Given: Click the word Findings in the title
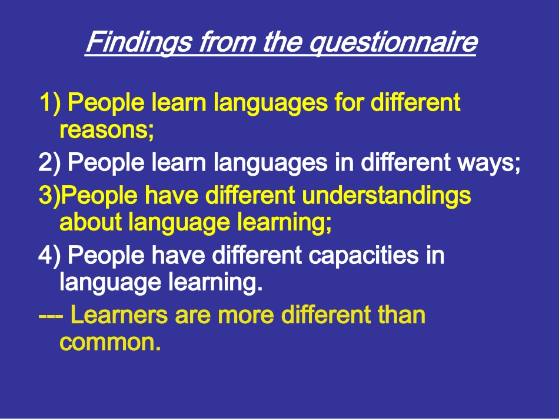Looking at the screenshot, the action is point(139,42).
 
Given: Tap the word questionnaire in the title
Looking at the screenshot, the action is point(392,42).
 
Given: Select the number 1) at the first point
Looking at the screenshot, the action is point(50,103).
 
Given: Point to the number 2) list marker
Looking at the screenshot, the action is point(49,162).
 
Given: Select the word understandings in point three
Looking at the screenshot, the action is point(387,196).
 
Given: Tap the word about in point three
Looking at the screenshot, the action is point(91,222).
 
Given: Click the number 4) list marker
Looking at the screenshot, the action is point(49,255).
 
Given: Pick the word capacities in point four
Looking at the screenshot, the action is point(363,256).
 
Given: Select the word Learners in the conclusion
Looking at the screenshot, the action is point(119,315).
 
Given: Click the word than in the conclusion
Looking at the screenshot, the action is point(401,315).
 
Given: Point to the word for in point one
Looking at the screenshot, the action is point(349,102).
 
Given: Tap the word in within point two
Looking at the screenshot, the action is point(344,162).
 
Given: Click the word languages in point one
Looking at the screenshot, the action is point(270,103).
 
